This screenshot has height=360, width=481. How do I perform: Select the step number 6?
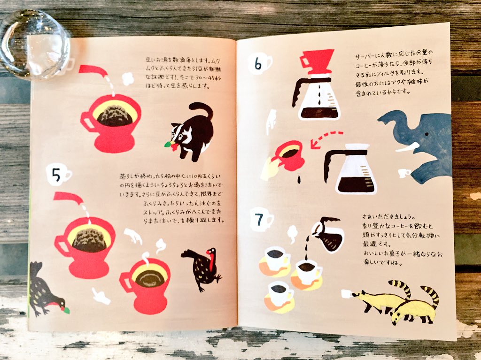coord(258,64)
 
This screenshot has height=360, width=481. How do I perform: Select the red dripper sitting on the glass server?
coord(317,61)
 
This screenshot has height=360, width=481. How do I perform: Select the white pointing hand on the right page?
coord(271,121)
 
